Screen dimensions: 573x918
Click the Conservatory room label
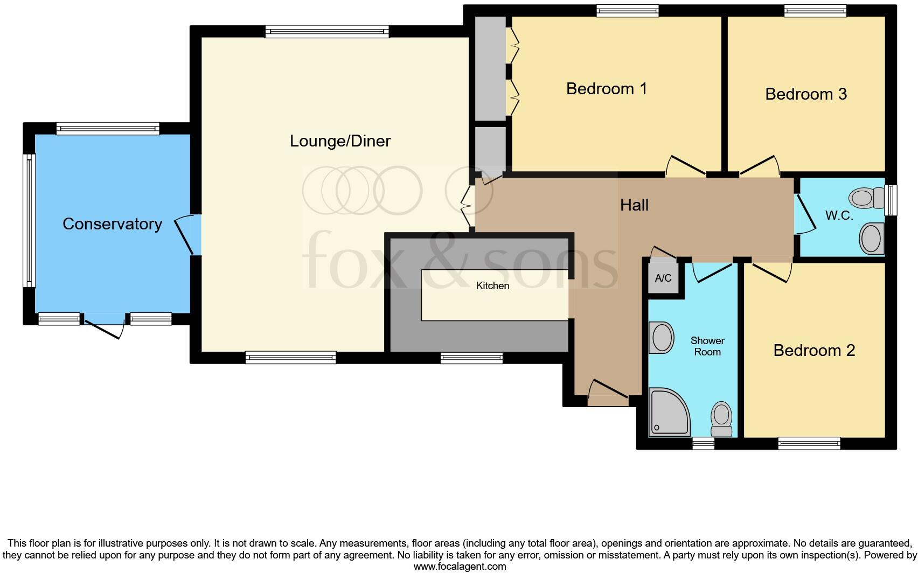click(112, 224)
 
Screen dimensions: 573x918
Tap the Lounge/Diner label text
click(340, 141)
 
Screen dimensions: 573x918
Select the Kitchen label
click(492, 286)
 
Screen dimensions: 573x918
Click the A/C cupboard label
click(663, 278)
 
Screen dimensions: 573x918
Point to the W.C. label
click(839, 216)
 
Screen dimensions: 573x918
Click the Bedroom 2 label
click(814, 351)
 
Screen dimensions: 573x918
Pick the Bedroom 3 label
click(806, 94)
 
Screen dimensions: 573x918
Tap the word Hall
click(634, 205)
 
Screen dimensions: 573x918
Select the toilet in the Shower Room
click(721, 420)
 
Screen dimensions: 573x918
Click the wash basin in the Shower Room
click(662, 338)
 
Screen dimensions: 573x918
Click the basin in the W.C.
click(872, 239)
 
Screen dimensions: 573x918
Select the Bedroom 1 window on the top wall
click(628, 11)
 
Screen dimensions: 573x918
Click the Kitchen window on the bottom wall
click(471, 358)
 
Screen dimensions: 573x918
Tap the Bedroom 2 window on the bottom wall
click(809, 443)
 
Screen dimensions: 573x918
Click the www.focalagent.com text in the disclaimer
click(460, 567)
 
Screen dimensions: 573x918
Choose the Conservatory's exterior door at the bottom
click(103, 325)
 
